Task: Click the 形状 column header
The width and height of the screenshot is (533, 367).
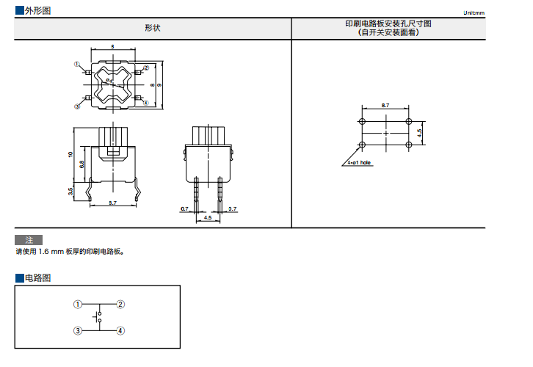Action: [x=153, y=28]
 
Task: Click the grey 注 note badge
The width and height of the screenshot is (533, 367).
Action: [x=29, y=240]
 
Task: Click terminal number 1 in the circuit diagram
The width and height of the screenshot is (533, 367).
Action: [x=77, y=304]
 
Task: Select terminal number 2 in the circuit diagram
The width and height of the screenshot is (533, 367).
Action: [x=121, y=304]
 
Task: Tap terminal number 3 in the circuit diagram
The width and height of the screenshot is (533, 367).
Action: [x=77, y=331]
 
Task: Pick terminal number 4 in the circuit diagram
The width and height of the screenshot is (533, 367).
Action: [x=121, y=331]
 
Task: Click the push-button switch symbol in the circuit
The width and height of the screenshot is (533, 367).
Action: [x=98, y=318]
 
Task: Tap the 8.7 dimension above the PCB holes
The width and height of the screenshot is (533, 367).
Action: [x=385, y=106]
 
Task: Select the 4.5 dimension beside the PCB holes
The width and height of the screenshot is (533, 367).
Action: [x=419, y=132]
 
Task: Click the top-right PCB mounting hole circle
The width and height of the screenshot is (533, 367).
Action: [x=407, y=122]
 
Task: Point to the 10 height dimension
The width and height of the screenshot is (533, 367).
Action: [x=70, y=155]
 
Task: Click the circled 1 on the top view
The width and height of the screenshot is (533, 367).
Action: [x=76, y=65]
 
